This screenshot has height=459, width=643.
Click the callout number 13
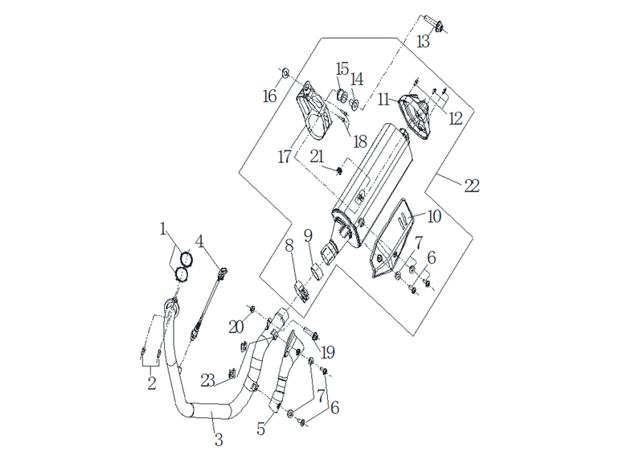423,42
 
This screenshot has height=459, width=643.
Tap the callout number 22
472,186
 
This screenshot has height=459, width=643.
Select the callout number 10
434,216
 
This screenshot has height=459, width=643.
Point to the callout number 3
219,440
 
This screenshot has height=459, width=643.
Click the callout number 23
208,381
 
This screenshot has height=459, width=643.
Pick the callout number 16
270,96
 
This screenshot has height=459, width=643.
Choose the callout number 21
317,157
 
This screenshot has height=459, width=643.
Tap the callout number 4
199,242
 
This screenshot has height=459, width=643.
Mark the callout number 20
236,327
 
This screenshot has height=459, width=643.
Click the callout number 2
152,383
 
